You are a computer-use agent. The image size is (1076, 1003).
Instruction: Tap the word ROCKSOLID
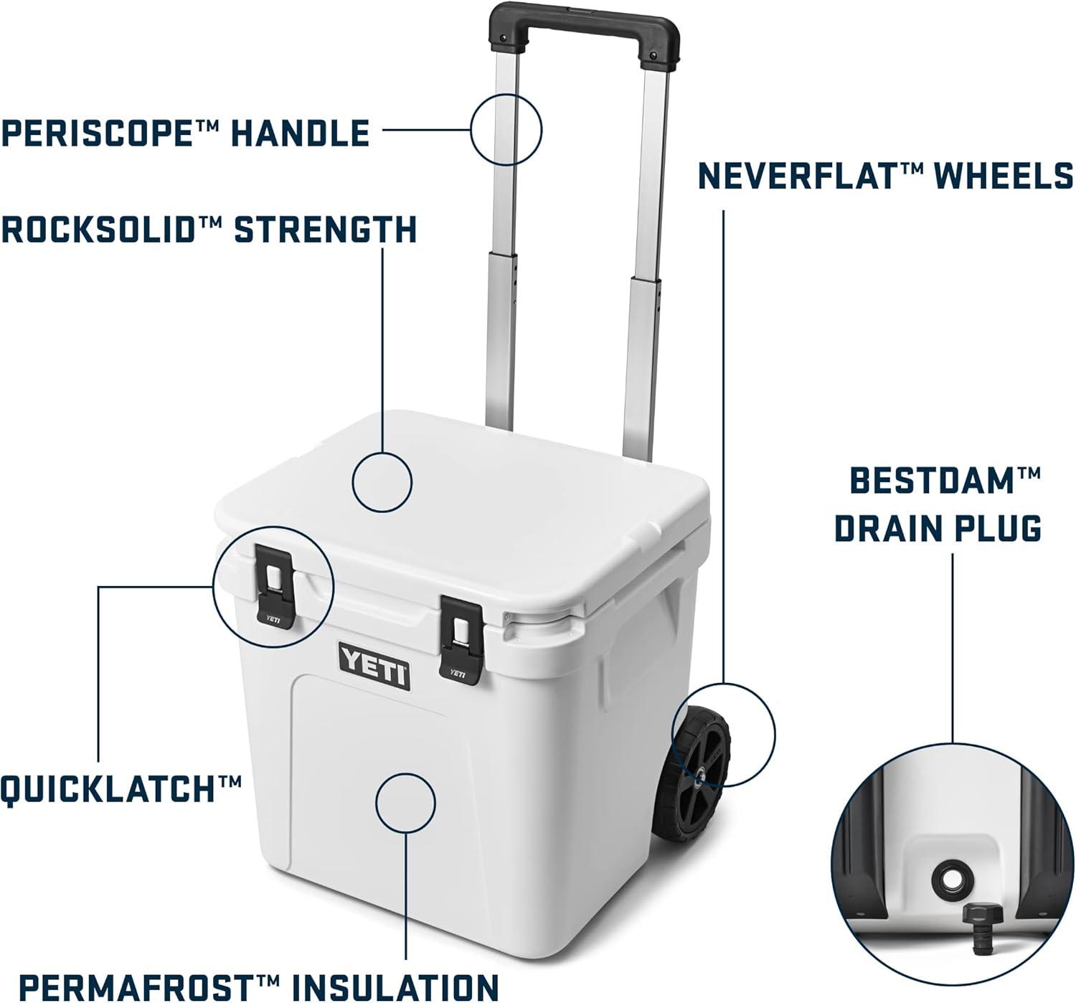(x=98, y=230)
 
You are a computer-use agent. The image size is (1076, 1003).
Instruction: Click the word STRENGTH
(x=325, y=230)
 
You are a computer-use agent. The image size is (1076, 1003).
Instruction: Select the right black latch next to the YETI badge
(x=461, y=640)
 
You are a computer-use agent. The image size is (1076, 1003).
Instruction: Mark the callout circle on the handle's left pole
(x=506, y=129)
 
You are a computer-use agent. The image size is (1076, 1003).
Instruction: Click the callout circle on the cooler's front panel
(x=405, y=803)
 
